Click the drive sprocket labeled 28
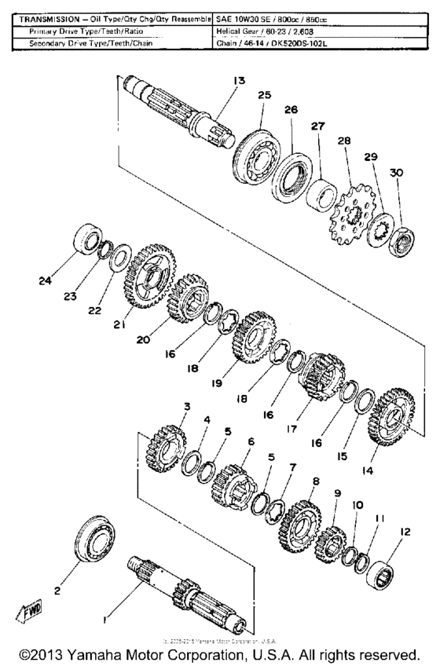pos(350,214)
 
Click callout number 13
pos(239,81)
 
